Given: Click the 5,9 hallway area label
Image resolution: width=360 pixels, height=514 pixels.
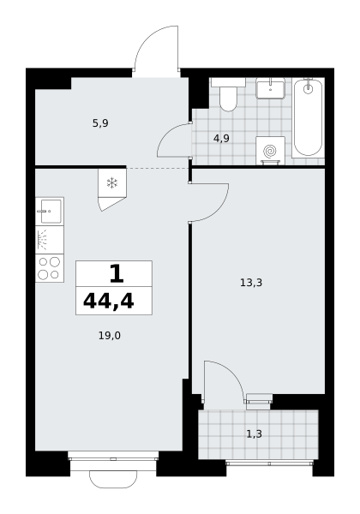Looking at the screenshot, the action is [100, 123].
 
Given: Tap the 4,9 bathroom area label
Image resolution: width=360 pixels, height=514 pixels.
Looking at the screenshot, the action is [221, 139].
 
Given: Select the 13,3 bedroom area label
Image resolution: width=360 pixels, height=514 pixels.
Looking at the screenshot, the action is [251, 282].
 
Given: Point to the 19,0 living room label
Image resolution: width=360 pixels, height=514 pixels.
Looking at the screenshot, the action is [110, 336].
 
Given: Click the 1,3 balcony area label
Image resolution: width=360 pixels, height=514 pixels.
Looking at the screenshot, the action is [254, 434].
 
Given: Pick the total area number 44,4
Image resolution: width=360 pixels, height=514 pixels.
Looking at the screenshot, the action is [109, 302].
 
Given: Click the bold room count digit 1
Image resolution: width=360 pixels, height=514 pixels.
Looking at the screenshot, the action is [117, 274].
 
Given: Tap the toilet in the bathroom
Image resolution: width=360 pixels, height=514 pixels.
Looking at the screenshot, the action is [228, 94].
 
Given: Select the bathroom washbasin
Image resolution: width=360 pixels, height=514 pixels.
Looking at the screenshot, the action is [271, 88].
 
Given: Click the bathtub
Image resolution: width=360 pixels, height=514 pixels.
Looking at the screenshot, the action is [308, 117].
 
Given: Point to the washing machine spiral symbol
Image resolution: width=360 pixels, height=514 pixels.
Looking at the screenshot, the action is [270, 151].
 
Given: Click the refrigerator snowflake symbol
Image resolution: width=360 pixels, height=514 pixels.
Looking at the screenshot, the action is [112, 183].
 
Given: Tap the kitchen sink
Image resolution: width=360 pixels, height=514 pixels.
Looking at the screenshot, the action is [50, 212].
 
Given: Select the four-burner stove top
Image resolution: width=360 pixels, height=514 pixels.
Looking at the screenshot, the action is [50, 268].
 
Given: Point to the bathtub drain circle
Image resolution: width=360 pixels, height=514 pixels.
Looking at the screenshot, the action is [308, 88].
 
